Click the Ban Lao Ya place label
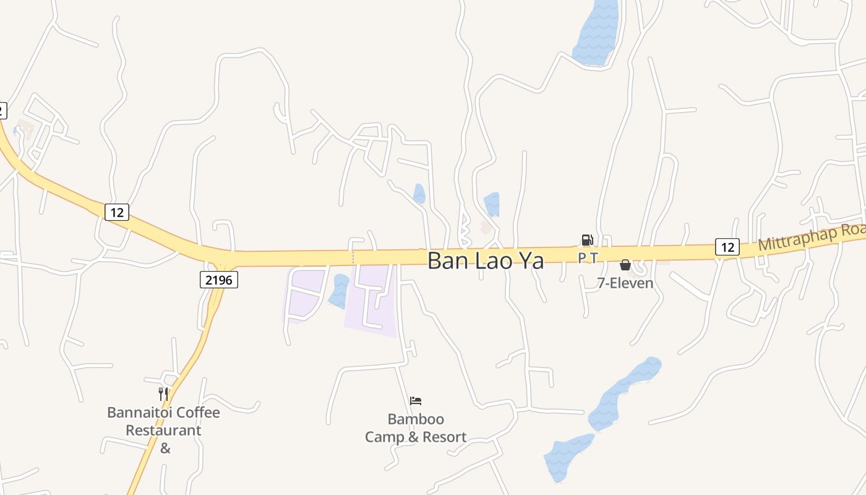point(486,260)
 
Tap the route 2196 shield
point(219,280)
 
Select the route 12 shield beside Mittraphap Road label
point(727,247)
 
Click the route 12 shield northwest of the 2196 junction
point(116,212)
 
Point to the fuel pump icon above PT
point(587,240)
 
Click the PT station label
point(588,258)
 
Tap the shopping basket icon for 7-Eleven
point(625,265)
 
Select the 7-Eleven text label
point(625,283)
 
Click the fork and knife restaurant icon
point(163,394)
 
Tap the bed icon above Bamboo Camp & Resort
point(416,401)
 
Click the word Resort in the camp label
point(444,437)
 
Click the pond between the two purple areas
point(339,291)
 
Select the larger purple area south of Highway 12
point(371,300)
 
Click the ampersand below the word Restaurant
point(165,448)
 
